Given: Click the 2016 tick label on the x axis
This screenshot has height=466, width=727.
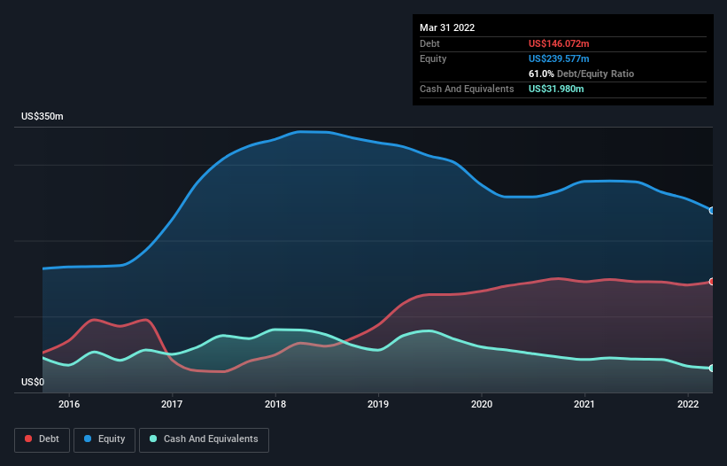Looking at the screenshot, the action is point(69,404).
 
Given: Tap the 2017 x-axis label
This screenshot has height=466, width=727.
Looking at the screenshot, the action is point(172,404).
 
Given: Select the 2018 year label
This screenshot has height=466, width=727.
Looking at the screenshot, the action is point(275,404).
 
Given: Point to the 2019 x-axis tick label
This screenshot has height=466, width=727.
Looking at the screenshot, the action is point(378,404).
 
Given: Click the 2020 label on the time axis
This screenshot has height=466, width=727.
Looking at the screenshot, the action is point(482,404).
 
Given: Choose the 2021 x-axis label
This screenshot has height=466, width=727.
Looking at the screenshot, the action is point(584,404).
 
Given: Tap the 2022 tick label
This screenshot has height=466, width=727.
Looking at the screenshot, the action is point(688,404).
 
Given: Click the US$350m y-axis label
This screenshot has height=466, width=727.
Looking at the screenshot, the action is point(43,116).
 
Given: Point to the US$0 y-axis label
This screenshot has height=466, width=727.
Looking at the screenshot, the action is point(33,382).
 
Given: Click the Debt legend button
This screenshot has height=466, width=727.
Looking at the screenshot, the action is point(43,439).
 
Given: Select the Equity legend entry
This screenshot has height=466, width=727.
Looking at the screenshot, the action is point(104,439).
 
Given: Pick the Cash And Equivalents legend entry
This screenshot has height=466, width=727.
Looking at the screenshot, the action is point(204,439).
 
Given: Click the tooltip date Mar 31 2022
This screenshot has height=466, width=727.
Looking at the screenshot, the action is point(447,27).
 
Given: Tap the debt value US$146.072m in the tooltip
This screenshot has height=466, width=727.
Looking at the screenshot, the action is point(559,43).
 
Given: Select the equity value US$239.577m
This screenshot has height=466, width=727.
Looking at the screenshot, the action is point(559,58).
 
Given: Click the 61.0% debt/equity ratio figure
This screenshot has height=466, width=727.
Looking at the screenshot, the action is point(541,74).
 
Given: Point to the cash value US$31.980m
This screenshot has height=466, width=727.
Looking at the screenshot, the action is point(556,89).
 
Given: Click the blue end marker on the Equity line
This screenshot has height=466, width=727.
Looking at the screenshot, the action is point(712,211).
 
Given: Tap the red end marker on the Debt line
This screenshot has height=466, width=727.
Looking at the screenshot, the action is point(712,282).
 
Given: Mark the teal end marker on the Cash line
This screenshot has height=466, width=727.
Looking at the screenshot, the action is point(712,369).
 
